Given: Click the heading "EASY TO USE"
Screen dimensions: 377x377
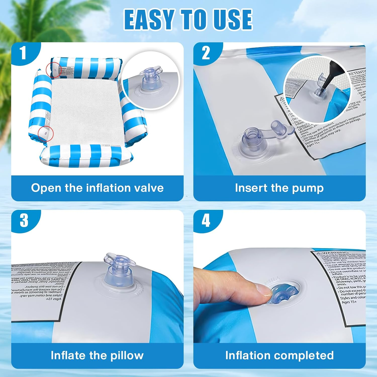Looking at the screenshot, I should point(188,19).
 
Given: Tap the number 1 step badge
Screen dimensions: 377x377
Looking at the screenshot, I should point(23,53).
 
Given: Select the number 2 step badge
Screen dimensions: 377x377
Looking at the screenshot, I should point(206,53).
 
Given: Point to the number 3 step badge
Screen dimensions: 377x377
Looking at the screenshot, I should point(24,220).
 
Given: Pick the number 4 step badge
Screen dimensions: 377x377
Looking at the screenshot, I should point(206,221).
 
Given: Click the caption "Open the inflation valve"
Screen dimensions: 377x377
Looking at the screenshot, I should point(97,188).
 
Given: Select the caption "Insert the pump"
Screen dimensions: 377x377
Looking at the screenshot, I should point(279,188).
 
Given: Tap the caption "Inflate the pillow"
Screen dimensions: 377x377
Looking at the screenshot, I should point(97,355).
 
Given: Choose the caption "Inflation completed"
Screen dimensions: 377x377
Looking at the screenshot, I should point(279,355).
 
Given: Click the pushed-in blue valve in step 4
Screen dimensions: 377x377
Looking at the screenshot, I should point(284,294).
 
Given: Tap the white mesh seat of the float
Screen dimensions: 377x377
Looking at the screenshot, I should point(85,111).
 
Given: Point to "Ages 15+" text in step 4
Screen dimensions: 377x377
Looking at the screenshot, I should point(349,302).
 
